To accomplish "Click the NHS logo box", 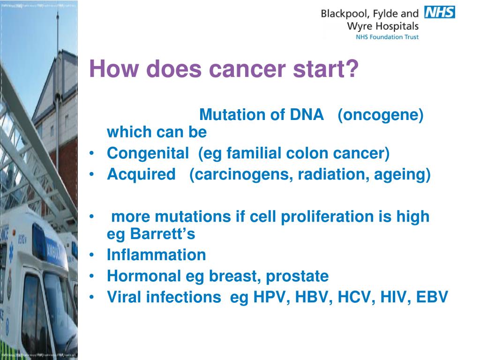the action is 440,12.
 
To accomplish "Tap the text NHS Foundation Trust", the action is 387,37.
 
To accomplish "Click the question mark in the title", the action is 352,68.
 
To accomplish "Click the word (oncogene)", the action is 381,115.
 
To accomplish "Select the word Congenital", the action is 148,153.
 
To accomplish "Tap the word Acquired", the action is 141,174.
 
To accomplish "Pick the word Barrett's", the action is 163,234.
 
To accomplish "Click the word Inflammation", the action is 156,255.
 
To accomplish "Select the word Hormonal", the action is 143,276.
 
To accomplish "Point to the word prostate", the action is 297,277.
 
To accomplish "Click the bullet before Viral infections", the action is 91,297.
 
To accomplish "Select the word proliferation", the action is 327,217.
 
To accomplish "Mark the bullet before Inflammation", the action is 91,255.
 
